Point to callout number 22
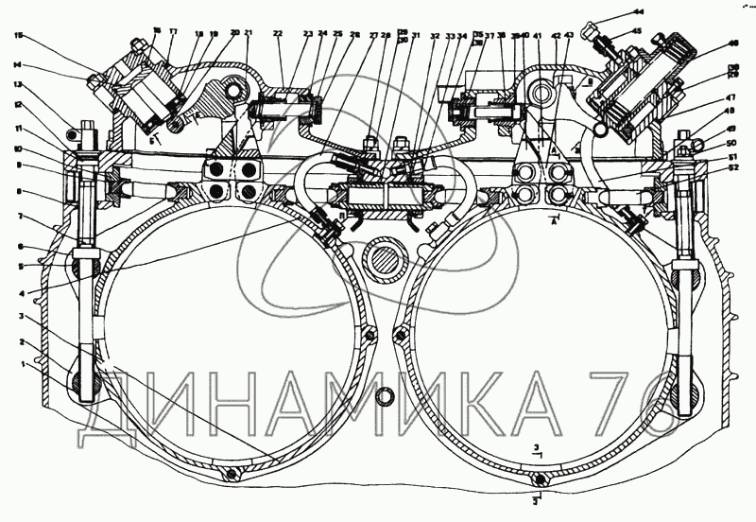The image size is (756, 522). [x=278, y=34]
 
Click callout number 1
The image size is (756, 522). [x=12, y=363]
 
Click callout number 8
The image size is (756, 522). [x=18, y=192]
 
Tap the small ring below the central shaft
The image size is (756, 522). [x=386, y=395]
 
